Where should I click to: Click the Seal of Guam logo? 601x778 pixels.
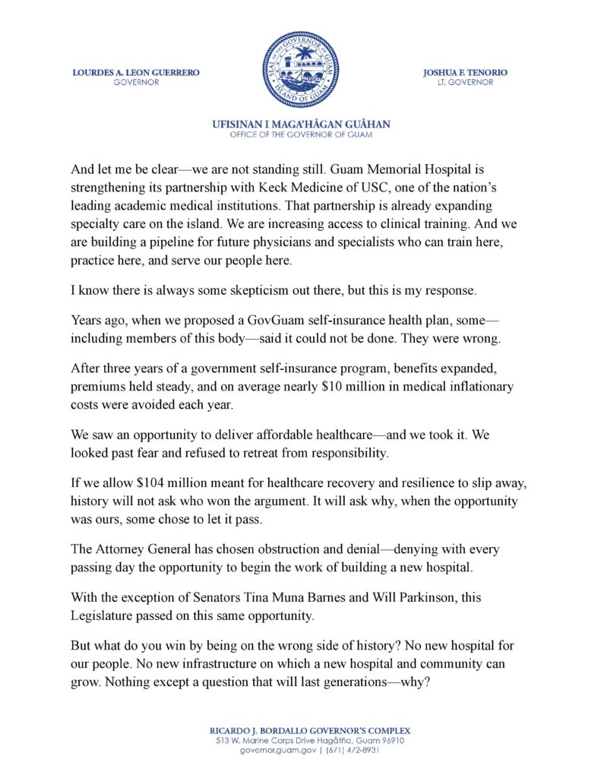[300, 69]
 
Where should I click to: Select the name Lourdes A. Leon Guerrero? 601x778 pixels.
[136, 72]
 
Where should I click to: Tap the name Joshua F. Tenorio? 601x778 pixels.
[465, 72]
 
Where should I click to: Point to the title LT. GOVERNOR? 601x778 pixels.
[465, 82]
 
